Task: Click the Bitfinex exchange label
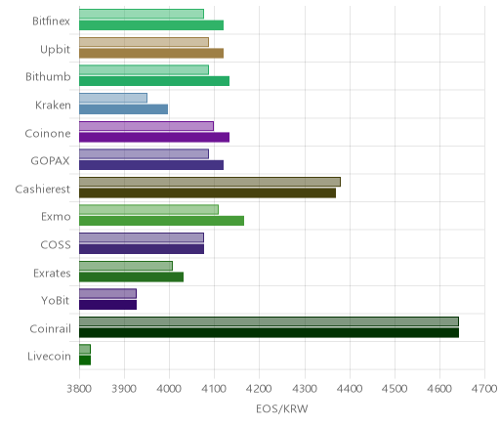(x=51, y=21)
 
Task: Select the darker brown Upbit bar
(x=151, y=53)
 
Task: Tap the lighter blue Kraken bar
(x=113, y=98)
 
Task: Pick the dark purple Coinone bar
(x=154, y=137)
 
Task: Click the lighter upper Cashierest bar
(x=210, y=182)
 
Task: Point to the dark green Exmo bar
(x=161, y=221)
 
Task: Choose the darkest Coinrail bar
(x=269, y=332)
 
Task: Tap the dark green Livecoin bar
(x=85, y=361)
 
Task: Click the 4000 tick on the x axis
(x=169, y=389)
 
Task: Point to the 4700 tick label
(x=484, y=389)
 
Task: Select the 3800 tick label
(x=79, y=389)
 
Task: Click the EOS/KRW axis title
(x=282, y=409)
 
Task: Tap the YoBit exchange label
(x=56, y=300)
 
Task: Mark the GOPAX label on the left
(x=50, y=161)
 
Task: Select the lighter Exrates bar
(x=126, y=266)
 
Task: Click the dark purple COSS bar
(x=142, y=249)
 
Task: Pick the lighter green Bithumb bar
(x=144, y=70)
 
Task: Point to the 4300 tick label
(x=305, y=389)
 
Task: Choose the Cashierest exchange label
(x=43, y=190)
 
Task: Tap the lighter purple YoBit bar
(x=107, y=293)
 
